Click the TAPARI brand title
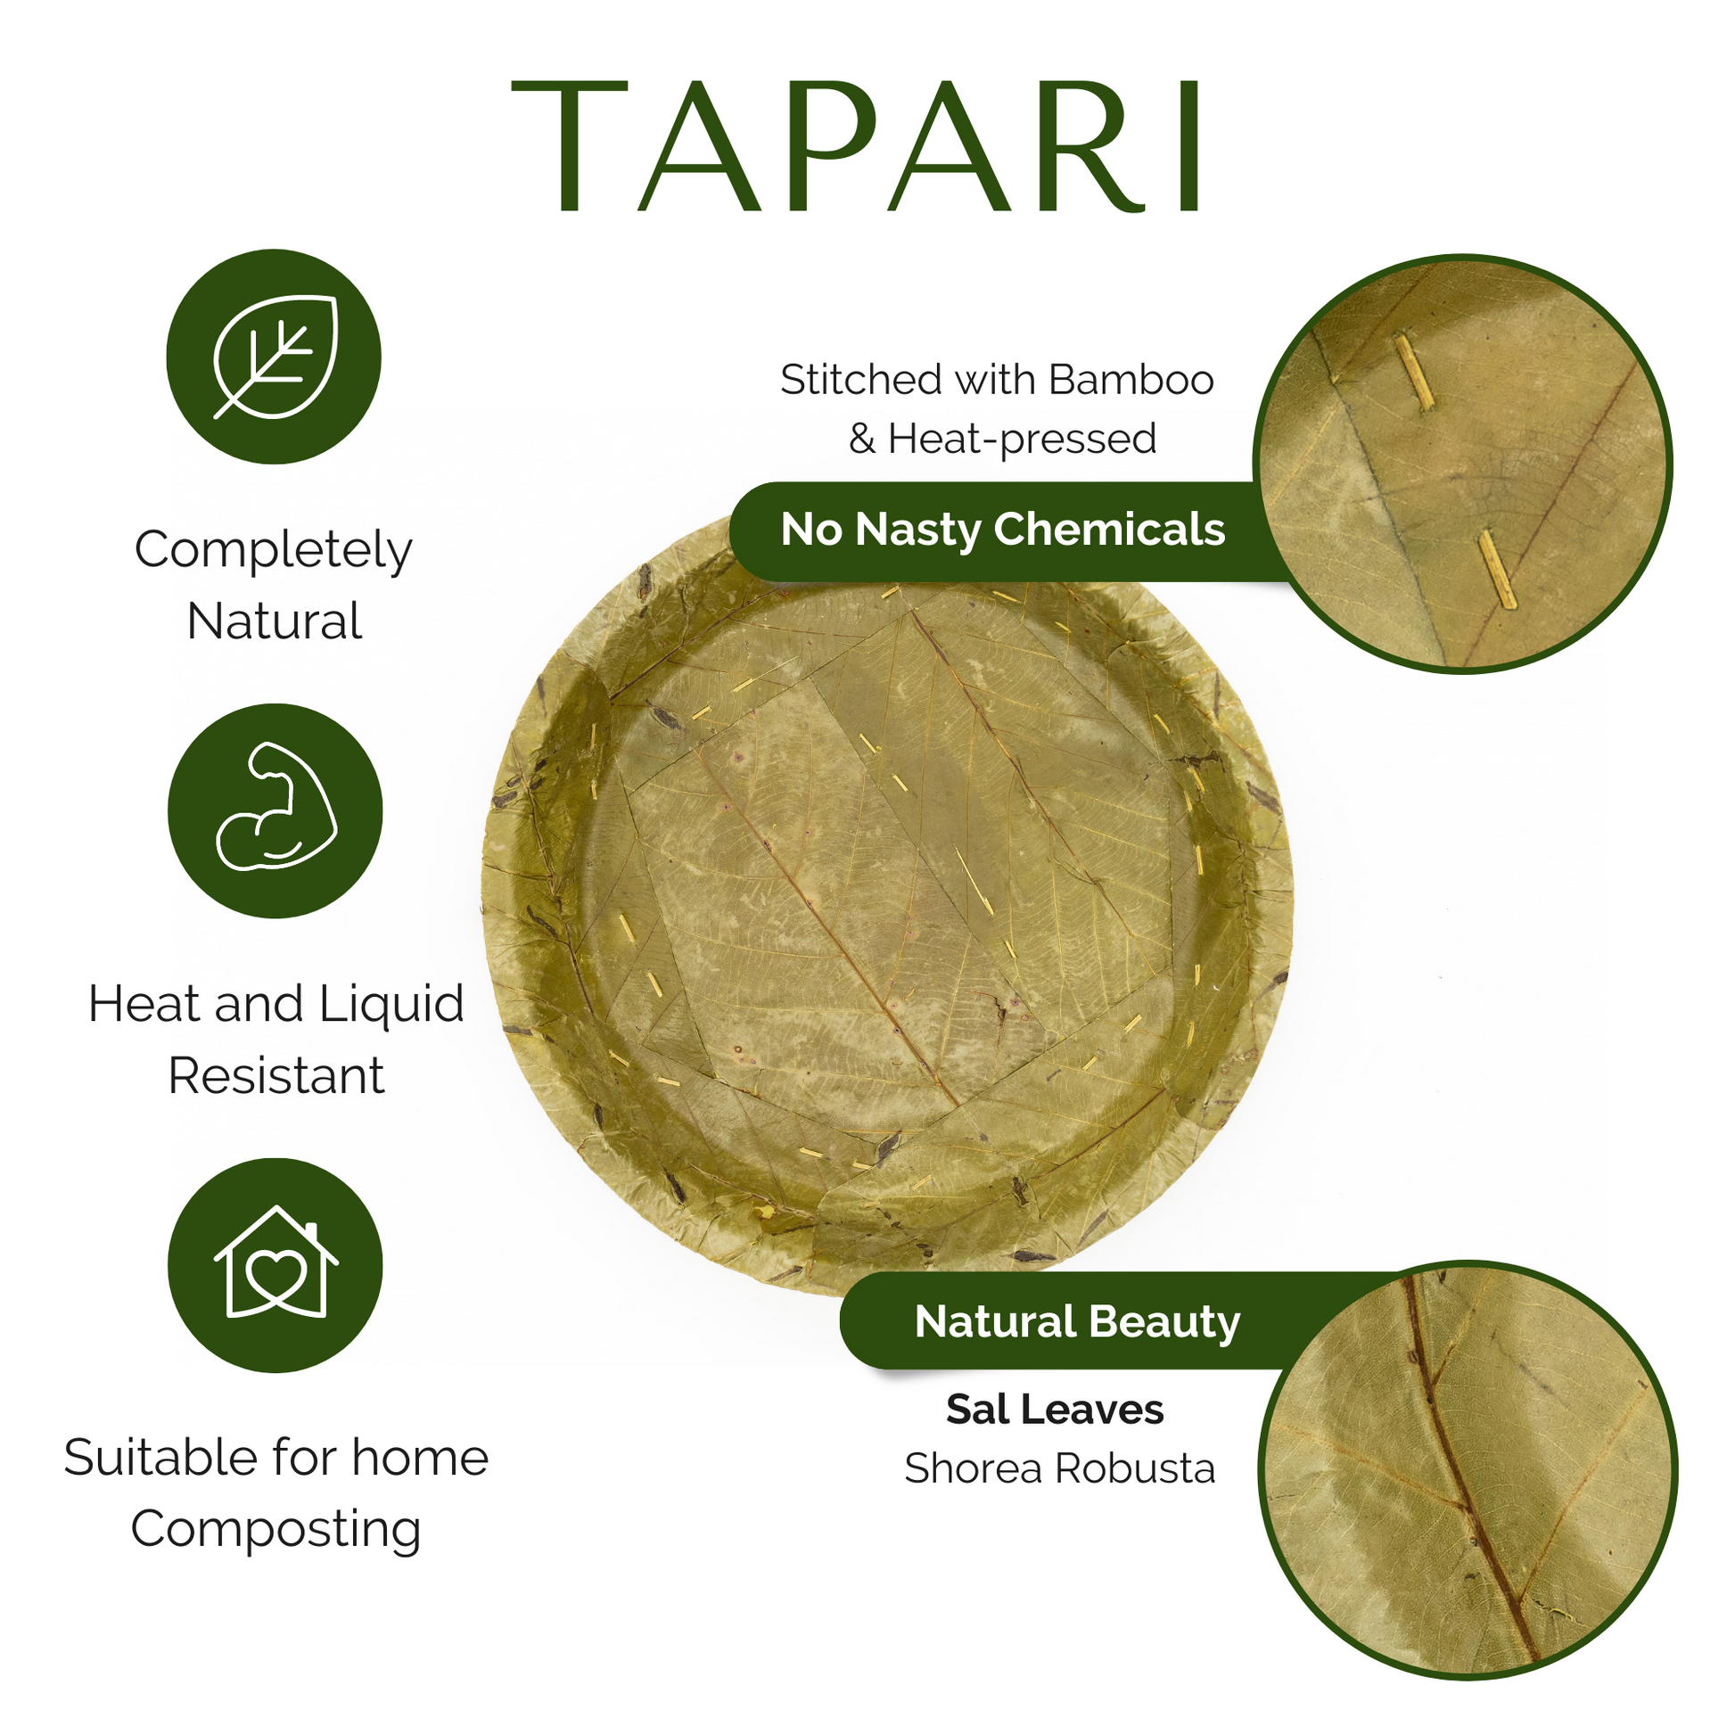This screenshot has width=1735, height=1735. pyautogui.click(x=858, y=147)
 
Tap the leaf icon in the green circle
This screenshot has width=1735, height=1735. pyautogui.click(x=275, y=357)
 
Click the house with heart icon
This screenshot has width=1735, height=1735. pyautogui.click(x=275, y=1261)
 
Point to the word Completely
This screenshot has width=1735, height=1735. pyautogui.click(x=273, y=550)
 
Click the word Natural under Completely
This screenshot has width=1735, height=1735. pyautogui.click(x=274, y=621)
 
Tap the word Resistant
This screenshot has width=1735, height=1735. pyautogui.click(x=275, y=1075)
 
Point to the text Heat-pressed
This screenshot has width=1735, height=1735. pyautogui.click(x=1022, y=440)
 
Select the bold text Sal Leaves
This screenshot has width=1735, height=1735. pyautogui.click(x=1055, y=1409)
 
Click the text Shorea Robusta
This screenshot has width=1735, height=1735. pyautogui.click(x=1060, y=1469)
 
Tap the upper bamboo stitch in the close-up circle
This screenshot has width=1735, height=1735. pyautogui.click(x=1412, y=372)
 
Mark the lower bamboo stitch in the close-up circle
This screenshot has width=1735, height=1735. pyautogui.click(x=1497, y=569)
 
